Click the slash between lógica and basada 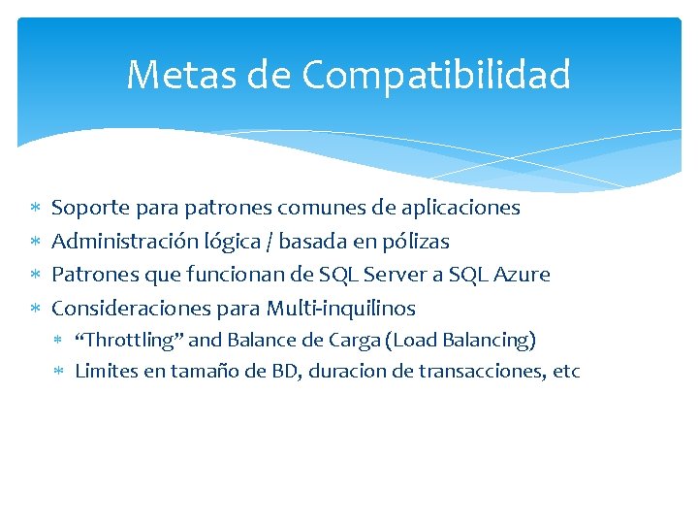click(270, 242)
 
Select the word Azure click(523, 275)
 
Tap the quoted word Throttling click(129, 340)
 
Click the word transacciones click(469, 371)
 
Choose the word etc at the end click(564, 371)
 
